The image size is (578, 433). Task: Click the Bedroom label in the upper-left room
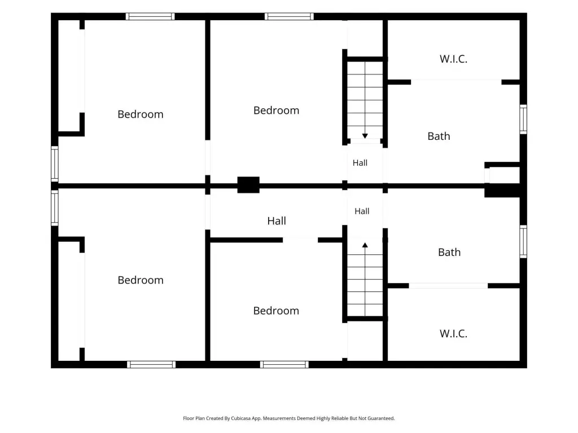point(141,114)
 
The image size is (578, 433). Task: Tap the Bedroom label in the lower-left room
point(141,280)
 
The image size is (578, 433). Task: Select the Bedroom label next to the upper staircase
point(276,110)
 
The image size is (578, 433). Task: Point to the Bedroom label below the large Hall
point(276,311)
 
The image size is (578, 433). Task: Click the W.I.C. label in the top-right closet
point(453,59)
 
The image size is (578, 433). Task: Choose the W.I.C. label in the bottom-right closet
point(453,334)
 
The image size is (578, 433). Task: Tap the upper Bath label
point(439,136)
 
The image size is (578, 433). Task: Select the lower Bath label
point(449,252)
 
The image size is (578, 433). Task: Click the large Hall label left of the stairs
point(277,220)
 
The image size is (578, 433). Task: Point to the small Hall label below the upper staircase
point(360,163)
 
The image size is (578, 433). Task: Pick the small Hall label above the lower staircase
point(362,211)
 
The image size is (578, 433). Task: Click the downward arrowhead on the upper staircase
point(365,136)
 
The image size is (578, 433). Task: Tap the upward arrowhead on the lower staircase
point(365,245)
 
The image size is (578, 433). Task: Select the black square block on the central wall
point(248,185)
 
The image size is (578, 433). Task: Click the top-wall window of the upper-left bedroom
point(150,16)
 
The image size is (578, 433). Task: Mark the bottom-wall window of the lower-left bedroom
point(151,365)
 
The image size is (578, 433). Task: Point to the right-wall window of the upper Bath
point(523,120)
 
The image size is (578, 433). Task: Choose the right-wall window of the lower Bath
point(523,241)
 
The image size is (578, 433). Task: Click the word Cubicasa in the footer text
point(241,418)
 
